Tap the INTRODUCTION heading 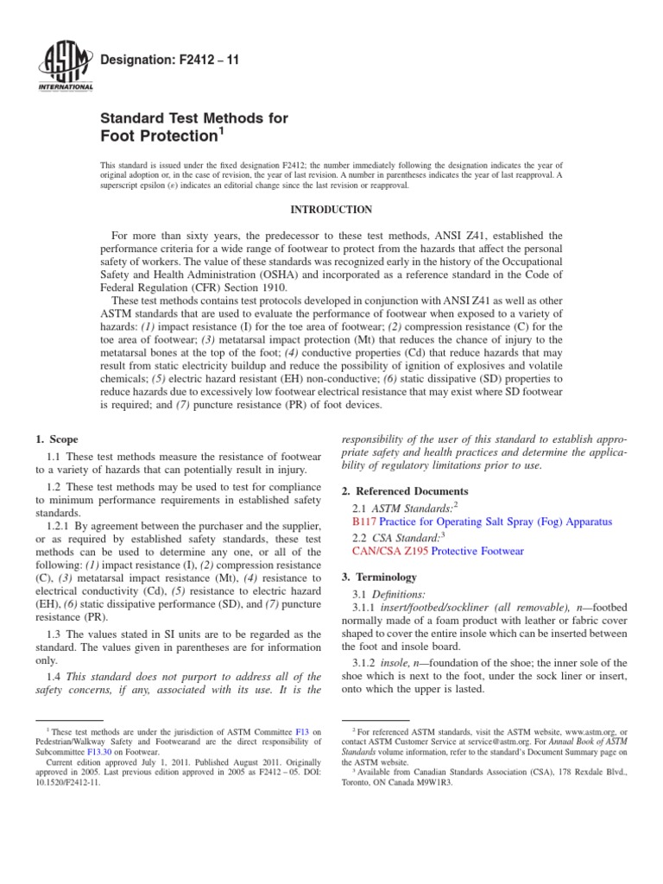pyautogui.click(x=331, y=210)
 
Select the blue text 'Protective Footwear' pyautogui.click(x=477, y=551)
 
